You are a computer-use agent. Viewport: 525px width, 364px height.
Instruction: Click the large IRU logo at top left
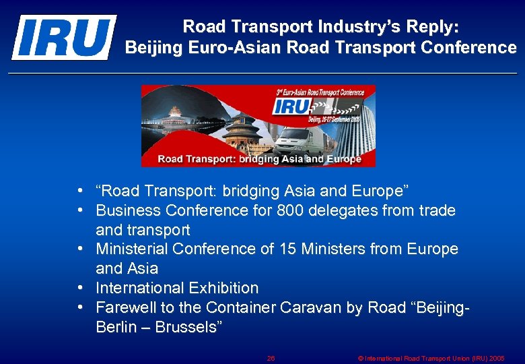point(63,37)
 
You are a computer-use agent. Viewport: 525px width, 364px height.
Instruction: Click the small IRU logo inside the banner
point(291,107)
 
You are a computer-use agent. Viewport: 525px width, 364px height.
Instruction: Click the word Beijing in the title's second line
point(153,48)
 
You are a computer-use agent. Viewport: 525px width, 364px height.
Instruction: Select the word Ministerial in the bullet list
point(132,249)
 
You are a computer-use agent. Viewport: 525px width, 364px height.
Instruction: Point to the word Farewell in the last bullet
point(125,307)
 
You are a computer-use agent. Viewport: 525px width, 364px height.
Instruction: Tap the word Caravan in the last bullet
point(309,307)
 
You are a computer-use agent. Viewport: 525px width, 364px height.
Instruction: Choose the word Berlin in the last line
point(115,327)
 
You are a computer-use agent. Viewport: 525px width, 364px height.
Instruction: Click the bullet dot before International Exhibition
point(80,288)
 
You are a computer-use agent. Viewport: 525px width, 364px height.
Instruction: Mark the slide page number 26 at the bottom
point(271,358)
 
